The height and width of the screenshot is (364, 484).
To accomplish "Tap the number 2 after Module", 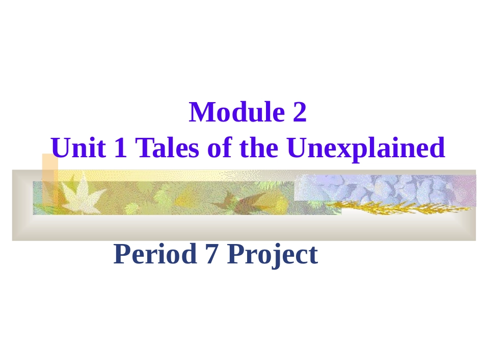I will (x=300, y=113).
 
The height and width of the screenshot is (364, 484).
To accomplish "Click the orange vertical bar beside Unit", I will (x=49, y=179).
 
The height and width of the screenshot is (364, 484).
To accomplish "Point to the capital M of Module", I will (x=201, y=112).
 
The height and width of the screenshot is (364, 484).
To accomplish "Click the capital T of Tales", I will (x=143, y=148).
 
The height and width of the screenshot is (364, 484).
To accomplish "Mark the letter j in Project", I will (x=275, y=256).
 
